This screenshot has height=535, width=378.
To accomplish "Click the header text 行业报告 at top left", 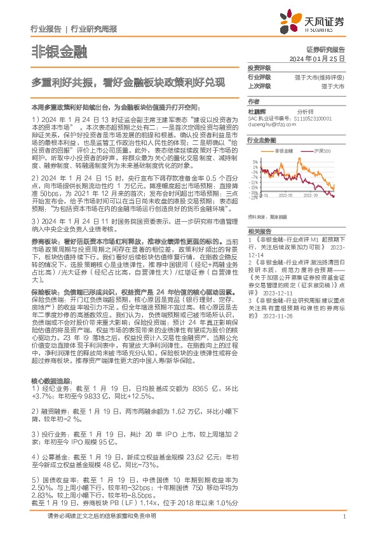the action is point(46,29).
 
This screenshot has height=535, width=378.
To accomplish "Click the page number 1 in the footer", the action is point(343,525).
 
